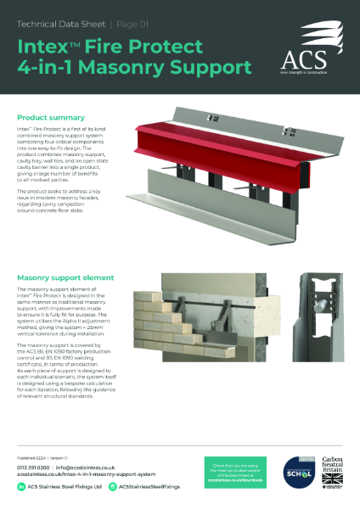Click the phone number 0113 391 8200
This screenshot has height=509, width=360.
tap(33, 467)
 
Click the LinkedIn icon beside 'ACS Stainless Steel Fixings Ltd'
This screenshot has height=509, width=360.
tap(21, 488)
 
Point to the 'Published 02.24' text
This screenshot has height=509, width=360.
tap(32, 457)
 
